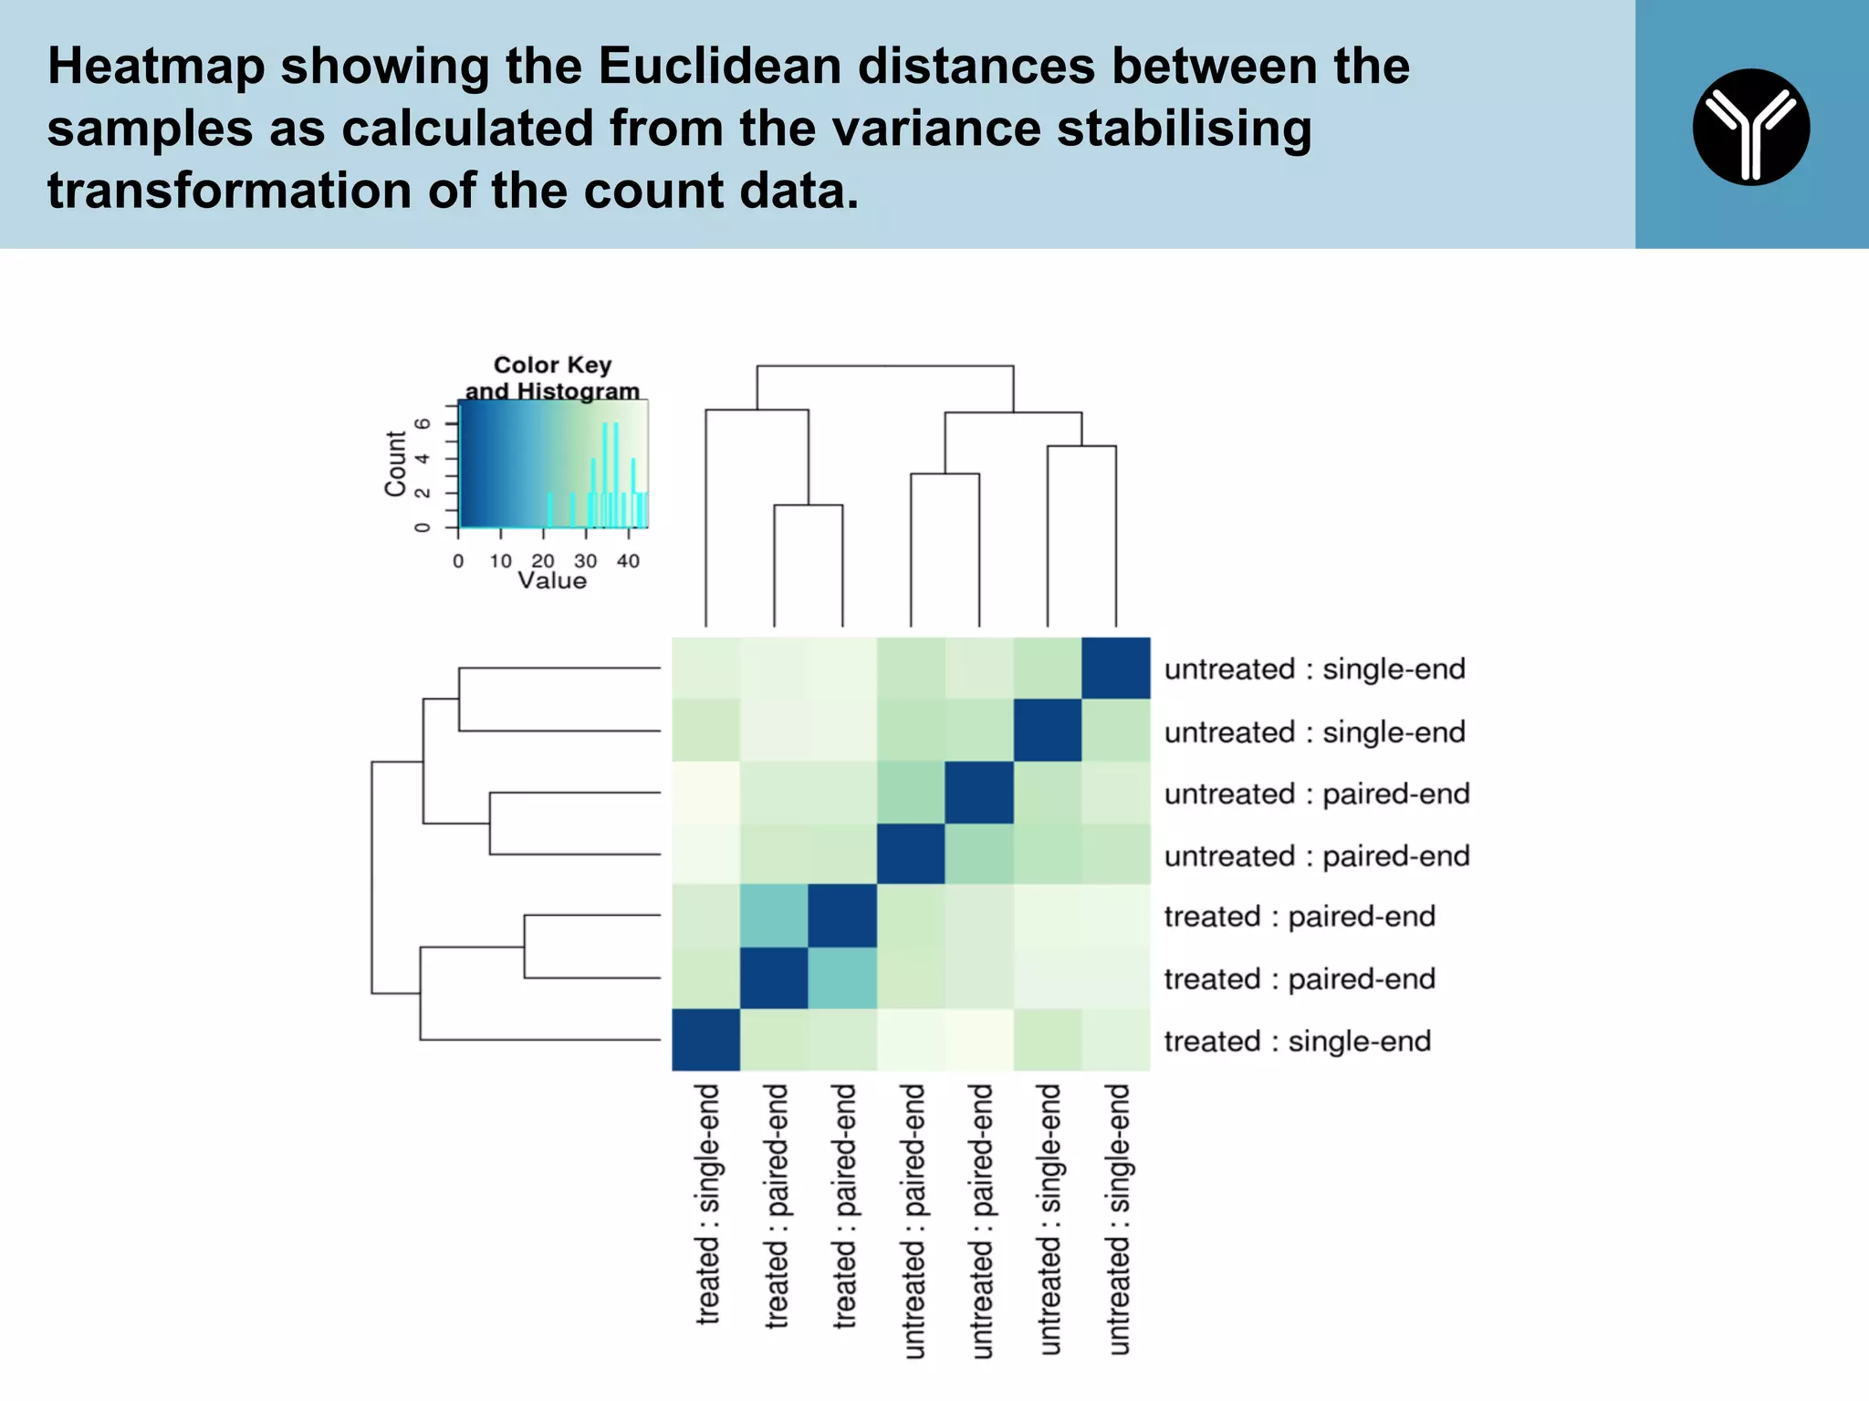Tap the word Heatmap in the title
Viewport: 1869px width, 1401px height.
(x=155, y=66)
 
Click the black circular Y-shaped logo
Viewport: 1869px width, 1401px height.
(x=1750, y=127)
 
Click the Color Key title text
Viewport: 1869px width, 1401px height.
(x=552, y=365)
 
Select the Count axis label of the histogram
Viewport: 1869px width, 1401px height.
(x=395, y=463)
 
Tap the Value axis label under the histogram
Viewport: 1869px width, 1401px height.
(x=552, y=581)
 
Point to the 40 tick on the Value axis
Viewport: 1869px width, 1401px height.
(x=628, y=561)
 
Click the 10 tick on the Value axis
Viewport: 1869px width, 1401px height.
(x=500, y=561)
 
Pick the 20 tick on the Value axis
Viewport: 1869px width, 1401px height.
(x=543, y=561)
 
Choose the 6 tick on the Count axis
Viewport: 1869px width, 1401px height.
(x=422, y=424)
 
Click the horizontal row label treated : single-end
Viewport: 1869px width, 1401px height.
(x=1297, y=1041)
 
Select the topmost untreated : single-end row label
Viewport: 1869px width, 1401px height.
(x=1314, y=669)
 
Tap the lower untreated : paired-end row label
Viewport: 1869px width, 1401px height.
(x=1316, y=856)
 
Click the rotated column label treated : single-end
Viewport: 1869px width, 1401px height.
(x=707, y=1204)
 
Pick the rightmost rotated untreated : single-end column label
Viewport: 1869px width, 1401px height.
(x=1118, y=1219)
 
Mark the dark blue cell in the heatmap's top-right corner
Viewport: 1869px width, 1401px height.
(x=1115, y=668)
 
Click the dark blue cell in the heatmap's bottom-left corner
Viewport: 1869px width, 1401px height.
(x=705, y=1040)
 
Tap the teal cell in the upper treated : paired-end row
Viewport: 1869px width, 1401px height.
(x=774, y=916)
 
